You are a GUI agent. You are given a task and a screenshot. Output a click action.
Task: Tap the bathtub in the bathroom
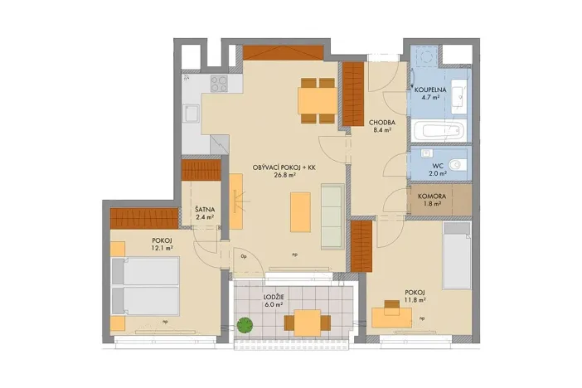point(439,131)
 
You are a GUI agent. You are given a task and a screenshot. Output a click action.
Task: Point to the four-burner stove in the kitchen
point(220,83)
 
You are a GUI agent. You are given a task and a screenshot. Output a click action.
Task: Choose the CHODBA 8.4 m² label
point(381,125)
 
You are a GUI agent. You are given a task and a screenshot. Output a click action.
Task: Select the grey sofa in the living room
point(332,217)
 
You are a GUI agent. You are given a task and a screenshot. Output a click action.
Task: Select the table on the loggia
point(307,321)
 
